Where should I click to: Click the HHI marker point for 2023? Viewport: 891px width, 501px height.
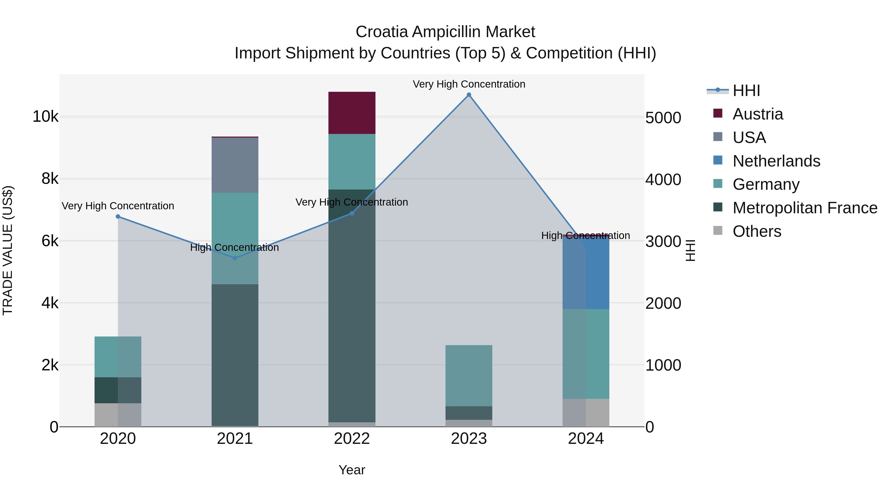coord(469,95)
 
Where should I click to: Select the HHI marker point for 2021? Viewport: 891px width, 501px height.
coord(235,258)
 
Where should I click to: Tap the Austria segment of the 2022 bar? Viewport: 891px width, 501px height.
coord(352,113)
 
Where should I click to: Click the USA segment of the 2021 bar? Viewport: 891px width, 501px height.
coord(235,165)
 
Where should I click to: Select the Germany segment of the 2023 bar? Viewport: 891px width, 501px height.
coord(469,376)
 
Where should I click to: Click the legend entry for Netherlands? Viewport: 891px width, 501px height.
coord(776,161)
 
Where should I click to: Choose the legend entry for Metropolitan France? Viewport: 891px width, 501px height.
coord(805,208)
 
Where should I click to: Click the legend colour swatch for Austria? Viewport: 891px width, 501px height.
coord(718,113)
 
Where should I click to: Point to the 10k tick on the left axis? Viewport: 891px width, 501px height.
coord(45,117)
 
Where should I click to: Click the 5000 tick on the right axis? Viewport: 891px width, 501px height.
coord(663,118)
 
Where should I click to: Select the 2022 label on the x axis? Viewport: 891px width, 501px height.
coord(352,439)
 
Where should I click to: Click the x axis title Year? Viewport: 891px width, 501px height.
coord(352,470)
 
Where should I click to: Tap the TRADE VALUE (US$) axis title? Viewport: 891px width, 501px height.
coord(8,250)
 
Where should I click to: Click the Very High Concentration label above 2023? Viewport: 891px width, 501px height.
coord(469,84)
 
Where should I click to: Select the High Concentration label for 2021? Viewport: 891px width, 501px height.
coord(235,248)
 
